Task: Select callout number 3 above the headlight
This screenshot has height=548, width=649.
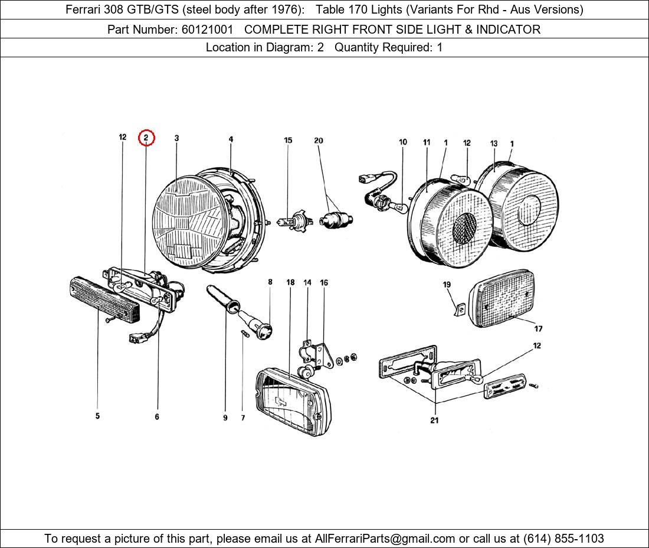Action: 176,138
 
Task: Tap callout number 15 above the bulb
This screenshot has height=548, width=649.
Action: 288,141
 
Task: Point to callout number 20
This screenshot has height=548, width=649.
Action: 319,141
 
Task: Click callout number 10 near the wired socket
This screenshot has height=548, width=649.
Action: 403,142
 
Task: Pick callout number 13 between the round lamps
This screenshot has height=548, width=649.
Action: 494,143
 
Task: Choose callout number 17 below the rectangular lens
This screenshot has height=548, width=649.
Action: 538,329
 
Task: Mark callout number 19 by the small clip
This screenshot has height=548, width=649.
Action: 447,285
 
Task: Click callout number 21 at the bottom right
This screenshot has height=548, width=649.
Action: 434,420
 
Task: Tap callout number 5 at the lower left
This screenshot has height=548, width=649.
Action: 97,416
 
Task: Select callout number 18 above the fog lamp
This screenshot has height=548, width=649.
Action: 290,283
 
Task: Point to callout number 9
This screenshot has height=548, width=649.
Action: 225,418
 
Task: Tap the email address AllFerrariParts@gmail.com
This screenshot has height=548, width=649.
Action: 385,539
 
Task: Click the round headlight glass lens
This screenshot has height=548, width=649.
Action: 189,224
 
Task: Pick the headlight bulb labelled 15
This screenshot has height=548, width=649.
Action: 292,223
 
